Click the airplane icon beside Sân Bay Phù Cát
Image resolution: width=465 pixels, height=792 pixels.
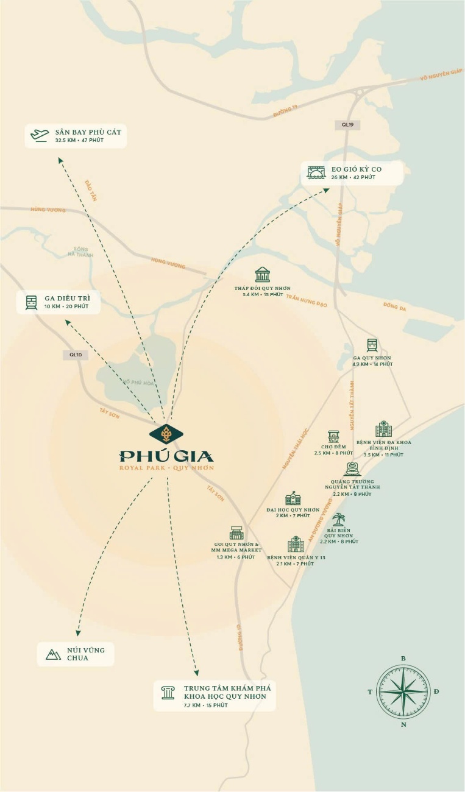click(40, 135)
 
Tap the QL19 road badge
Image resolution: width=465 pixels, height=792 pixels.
click(347, 125)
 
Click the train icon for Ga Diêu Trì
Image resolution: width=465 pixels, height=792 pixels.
click(31, 302)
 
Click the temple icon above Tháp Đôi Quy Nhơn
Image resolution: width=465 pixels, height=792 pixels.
click(263, 275)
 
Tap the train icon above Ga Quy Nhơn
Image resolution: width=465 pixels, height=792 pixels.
click(372, 345)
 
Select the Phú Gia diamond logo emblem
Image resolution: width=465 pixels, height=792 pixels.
click(166, 434)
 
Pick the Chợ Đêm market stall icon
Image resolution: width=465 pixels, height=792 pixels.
click(333, 437)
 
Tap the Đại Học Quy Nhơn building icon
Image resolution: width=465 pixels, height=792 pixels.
click(293, 498)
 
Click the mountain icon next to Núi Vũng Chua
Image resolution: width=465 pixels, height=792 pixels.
click(53, 654)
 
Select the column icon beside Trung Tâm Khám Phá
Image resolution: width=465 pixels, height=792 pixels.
click(168, 692)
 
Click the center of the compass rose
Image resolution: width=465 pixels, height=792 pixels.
click(403, 691)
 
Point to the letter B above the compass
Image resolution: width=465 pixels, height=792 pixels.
click(403, 658)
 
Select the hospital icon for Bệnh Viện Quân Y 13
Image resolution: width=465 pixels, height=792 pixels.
click(296, 544)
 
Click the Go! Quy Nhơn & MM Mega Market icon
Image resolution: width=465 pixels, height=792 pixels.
click(236, 533)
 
